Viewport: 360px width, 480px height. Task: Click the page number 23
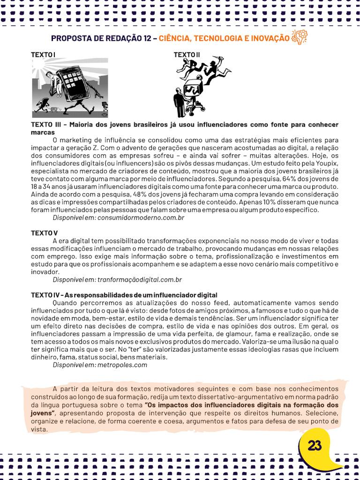[315, 446]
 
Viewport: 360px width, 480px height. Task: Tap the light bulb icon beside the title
[299, 37]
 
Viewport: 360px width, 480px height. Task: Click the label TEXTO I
[43, 55]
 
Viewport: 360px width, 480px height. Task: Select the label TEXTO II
[187, 55]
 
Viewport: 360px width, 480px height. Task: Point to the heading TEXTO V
[45, 233]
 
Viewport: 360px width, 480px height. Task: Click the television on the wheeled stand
[192, 89]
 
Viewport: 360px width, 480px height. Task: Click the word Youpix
[327, 164]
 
